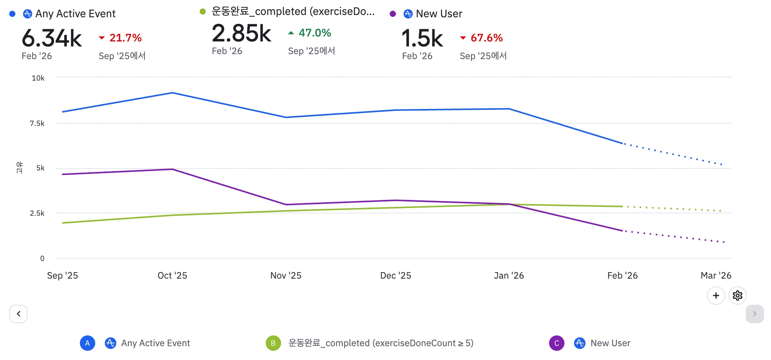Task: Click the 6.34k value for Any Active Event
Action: pos(51,38)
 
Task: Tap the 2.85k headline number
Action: pos(242,33)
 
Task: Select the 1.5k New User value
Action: pos(422,38)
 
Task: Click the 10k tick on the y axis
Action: pos(38,78)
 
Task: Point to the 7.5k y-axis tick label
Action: pos(37,124)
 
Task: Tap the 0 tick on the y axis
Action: pos(42,259)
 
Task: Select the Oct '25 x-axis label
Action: pos(172,276)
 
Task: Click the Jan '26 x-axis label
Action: pos(509,276)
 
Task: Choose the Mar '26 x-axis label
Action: pos(716,276)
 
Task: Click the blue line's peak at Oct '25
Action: pos(173,93)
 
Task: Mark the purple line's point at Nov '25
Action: pos(286,205)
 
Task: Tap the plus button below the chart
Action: pos(716,296)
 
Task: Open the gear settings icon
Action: pos(737,296)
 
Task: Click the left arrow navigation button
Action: pos(18,314)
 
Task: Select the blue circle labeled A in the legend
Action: pos(88,343)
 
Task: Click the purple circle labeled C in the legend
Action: pos(556,343)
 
